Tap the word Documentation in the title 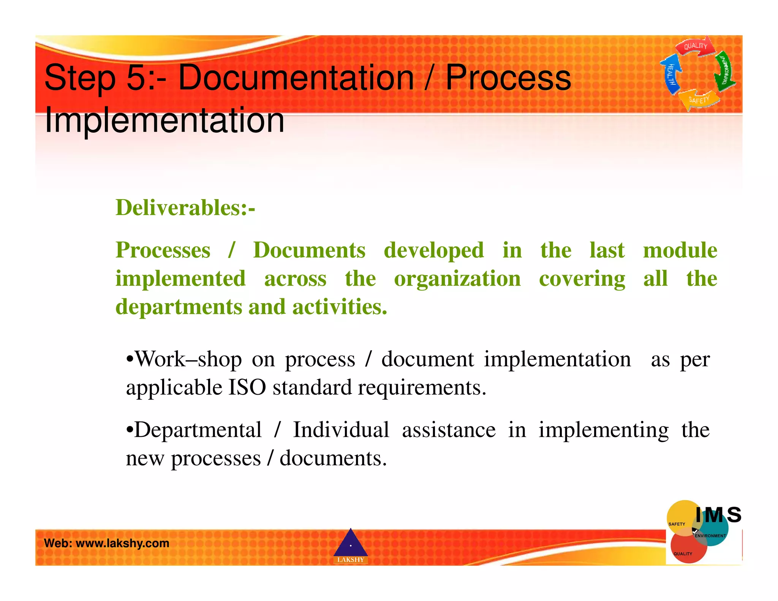[296, 78]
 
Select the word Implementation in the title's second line [164, 120]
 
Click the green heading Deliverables [185, 208]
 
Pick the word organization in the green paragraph [457, 278]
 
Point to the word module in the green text [680, 250]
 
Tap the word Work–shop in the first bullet [188, 359]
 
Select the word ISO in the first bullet [247, 387]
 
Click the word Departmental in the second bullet [198, 430]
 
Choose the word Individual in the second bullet [341, 430]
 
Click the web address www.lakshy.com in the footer [122, 543]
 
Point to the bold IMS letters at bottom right [718, 515]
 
